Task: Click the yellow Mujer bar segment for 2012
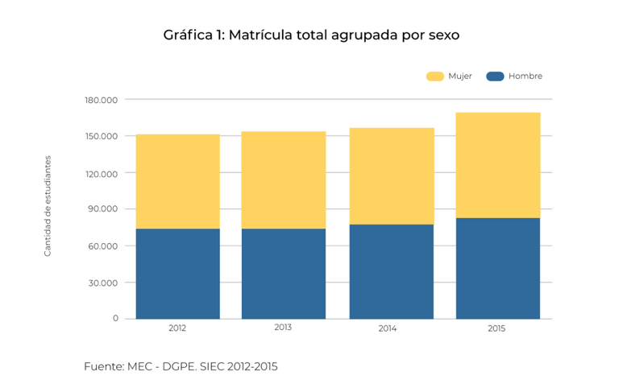(x=177, y=181)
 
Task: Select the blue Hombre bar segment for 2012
(x=177, y=274)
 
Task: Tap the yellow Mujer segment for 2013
(x=284, y=179)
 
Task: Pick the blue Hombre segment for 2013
(x=284, y=274)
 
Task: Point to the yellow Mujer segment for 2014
(x=391, y=175)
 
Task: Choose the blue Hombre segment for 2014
(x=391, y=271)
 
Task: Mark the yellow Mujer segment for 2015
(x=497, y=165)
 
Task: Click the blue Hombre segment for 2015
(x=497, y=268)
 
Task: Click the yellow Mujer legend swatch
(x=435, y=76)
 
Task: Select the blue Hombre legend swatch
(x=495, y=76)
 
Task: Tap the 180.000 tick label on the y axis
(x=101, y=100)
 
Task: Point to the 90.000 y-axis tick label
(x=103, y=209)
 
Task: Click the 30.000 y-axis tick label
(x=103, y=283)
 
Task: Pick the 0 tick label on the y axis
(x=115, y=319)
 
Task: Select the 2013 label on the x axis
(x=283, y=328)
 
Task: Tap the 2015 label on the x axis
(x=497, y=328)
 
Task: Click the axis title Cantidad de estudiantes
(x=48, y=206)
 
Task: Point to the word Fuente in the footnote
(x=102, y=366)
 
